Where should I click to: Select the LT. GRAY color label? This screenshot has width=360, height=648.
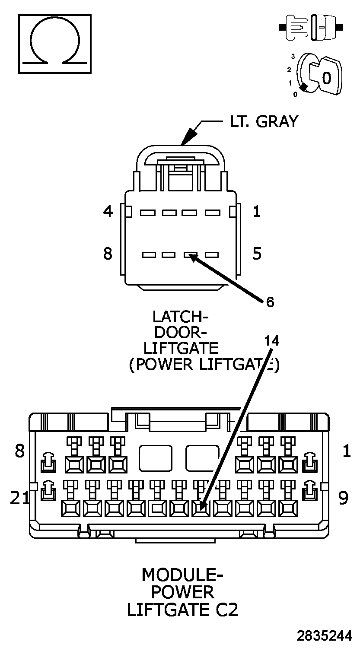[x=264, y=122]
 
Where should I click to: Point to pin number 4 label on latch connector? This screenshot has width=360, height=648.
[x=108, y=212]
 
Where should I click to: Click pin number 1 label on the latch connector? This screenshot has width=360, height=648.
[x=257, y=212]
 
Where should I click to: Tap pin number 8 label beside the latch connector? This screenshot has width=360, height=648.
[x=108, y=254]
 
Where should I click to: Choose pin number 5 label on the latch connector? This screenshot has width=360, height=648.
[x=257, y=254]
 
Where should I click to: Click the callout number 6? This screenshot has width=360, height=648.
[x=270, y=302]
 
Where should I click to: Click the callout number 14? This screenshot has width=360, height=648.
[x=272, y=341]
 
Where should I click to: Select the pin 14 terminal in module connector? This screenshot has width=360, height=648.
[x=201, y=508]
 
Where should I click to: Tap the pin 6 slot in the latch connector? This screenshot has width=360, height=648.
[x=190, y=255]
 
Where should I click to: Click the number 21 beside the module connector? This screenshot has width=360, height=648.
[x=20, y=498]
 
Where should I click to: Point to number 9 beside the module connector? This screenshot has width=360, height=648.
[x=343, y=498]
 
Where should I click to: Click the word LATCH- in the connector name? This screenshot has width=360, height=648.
[x=180, y=317]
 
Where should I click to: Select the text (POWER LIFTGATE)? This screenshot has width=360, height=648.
[x=204, y=364]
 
